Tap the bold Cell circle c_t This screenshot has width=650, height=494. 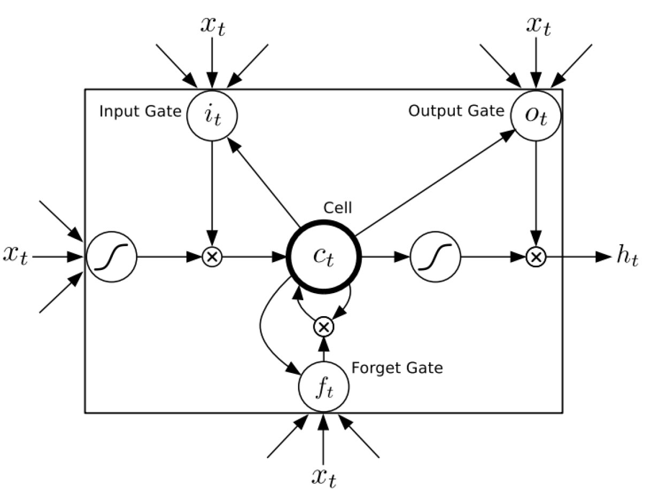click(324, 257)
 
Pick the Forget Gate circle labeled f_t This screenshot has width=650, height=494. click(323, 386)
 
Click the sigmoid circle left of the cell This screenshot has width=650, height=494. click(111, 257)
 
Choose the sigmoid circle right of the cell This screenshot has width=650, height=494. click(435, 257)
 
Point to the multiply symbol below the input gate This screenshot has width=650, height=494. click(212, 257)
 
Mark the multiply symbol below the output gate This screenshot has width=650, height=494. click(536, 257)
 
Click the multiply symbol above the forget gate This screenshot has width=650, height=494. click(323, 326)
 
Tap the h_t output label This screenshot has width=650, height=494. click(626, 257)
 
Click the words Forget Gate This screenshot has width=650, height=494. click(397, 368)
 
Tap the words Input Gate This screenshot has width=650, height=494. click(140, 113)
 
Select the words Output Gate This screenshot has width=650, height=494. click(456, 111)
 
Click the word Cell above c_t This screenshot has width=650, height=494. click(338, 207)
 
